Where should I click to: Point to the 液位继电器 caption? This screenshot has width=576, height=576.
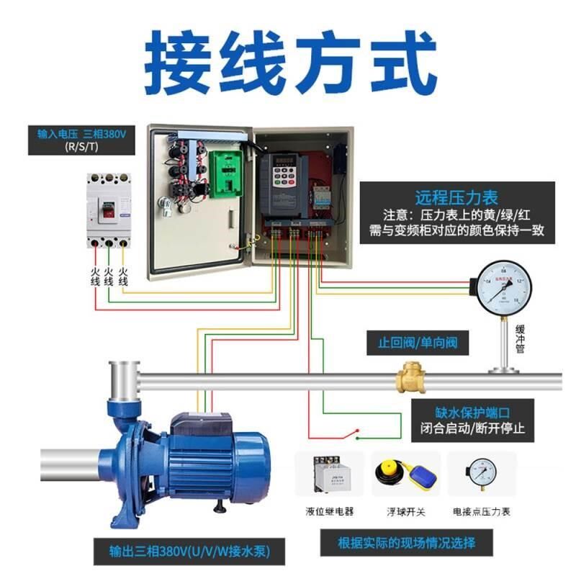pos(330,511)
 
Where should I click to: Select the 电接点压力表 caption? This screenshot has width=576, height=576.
pos(481,511)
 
